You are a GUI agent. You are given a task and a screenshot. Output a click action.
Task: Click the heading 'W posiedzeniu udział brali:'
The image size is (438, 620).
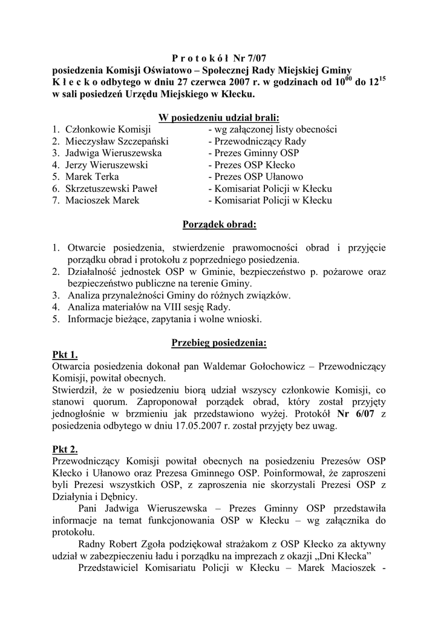[x=219, y=117]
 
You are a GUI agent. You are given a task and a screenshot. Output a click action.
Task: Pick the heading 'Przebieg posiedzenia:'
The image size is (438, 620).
[x=219, y=343]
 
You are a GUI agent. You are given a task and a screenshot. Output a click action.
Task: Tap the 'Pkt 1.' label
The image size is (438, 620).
[x=65, y=355]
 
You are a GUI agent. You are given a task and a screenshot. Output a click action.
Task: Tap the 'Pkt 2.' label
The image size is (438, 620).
[x=65, y=449]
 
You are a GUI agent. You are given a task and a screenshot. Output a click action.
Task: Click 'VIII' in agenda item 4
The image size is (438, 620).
[x=165, y=307]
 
